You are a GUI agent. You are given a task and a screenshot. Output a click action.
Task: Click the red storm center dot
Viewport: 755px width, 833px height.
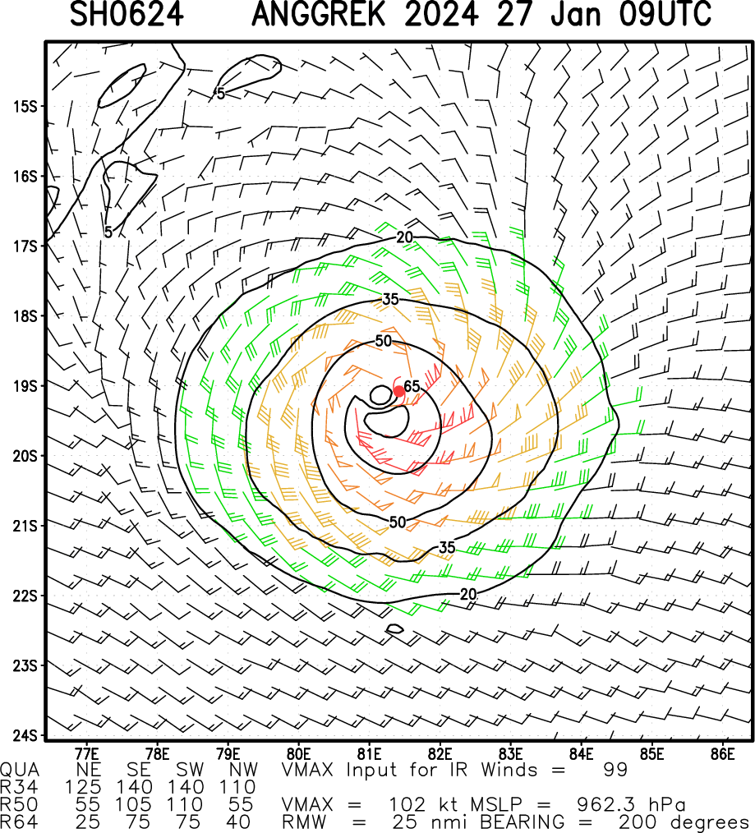[398, 391]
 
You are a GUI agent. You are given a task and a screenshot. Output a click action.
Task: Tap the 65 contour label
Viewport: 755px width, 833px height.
[412, 386]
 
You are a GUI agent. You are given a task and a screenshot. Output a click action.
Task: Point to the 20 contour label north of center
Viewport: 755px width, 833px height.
[403, 237]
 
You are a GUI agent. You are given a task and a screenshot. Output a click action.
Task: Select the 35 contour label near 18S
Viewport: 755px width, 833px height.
[390, 299]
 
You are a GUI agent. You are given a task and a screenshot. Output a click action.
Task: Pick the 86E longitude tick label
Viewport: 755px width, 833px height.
[723, 752]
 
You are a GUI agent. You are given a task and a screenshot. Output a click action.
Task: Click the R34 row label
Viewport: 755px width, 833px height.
[17, 787]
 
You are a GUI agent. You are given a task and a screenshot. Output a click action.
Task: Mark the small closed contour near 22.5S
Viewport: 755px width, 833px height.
[394, 629]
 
